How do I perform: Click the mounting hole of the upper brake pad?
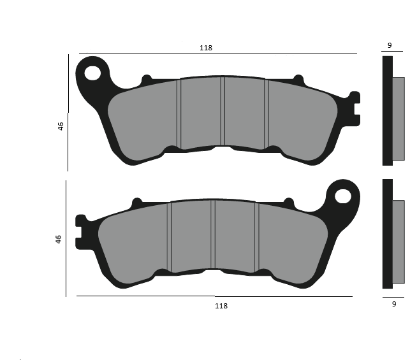pos(93,72)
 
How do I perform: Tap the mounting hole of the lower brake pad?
pos(344,196)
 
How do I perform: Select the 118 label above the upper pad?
pos(205,48)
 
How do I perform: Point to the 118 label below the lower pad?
pos(221,306)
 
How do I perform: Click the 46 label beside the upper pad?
pos(61,126)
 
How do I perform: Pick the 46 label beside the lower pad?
pos(59,240)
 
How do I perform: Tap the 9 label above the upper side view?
pos(390,45)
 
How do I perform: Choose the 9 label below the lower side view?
pos(394,305)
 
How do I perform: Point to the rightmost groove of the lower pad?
pos(256,236)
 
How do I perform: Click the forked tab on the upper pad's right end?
pos(354,106)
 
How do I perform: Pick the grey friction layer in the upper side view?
pos(398,119)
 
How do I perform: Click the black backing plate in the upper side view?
pos(387,111)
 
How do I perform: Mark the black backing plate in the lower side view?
pos(387,233)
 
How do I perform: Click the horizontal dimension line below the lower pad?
pos(214,296)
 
